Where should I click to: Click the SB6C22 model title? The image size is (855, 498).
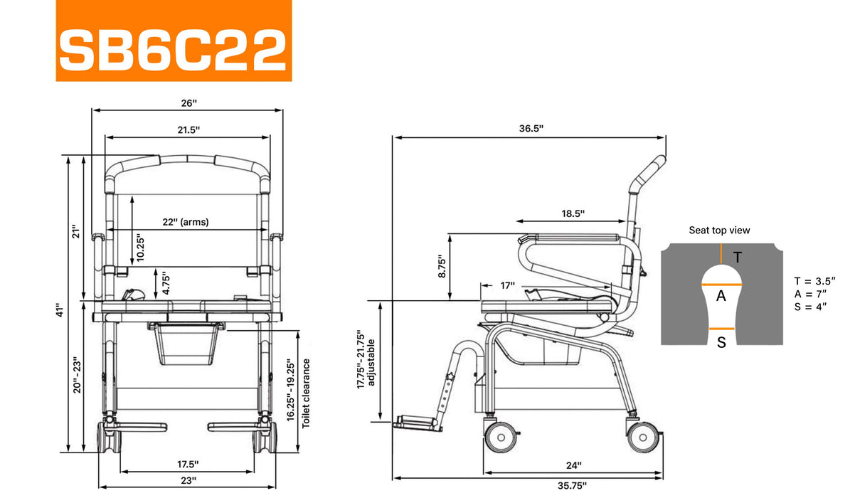(x=173, y=49)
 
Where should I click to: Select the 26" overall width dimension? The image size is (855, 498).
(x=188, y=103)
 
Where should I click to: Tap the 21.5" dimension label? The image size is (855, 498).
(x=188, y=129)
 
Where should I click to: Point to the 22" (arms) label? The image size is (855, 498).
(x=185, y=222)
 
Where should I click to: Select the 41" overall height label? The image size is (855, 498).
(x=62, y=311)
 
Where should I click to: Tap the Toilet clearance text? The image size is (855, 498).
(x=307, y=393)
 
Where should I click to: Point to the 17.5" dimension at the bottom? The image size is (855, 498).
(x=188, y=464)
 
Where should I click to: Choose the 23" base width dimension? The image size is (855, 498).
(x=188, y=480)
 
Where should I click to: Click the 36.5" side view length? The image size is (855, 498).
(x=531, y=129)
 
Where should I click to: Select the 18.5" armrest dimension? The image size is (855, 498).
(x=572, y=213)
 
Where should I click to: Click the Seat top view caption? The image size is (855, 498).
(x=719, y=231)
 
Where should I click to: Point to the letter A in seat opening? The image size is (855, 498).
(x=721, y=297)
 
